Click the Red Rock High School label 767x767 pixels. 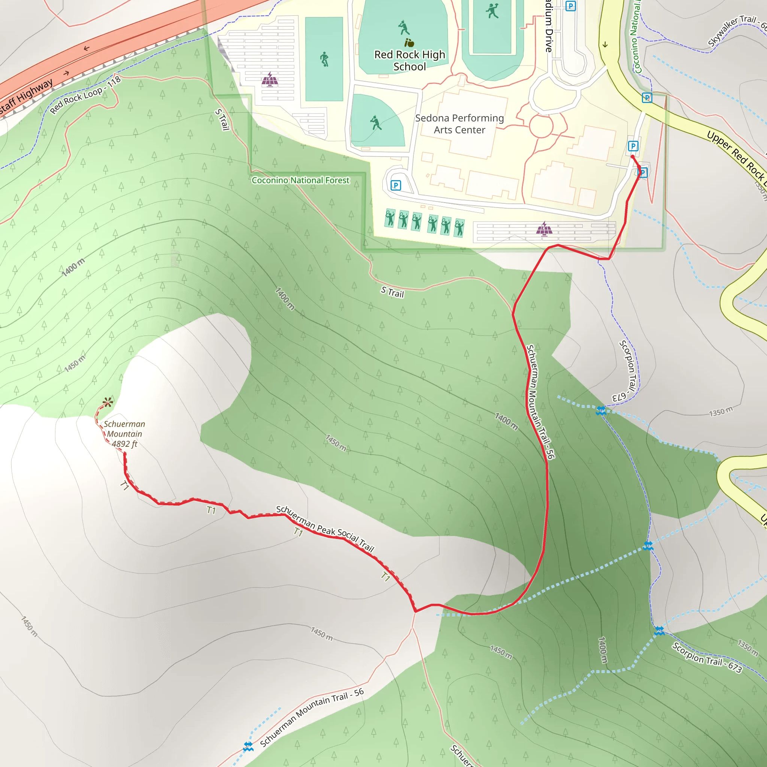(409, 60)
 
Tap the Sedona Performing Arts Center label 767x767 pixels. (459, 124)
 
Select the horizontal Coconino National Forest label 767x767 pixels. (300, 180)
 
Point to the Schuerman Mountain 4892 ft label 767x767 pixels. (124, 434)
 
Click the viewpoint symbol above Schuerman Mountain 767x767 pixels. (107, 402)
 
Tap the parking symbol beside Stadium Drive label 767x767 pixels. (570, 6)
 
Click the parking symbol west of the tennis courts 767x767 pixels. (396, 185)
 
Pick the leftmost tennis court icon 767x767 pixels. (390, 218)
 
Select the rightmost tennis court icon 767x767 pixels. (459, 227)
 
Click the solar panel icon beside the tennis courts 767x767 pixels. (544, 229)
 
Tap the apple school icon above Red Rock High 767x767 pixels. (409, 42)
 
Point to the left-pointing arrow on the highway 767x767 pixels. (87, 48)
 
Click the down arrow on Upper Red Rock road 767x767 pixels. (605, 45)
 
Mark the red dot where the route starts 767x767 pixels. (633, 157)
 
